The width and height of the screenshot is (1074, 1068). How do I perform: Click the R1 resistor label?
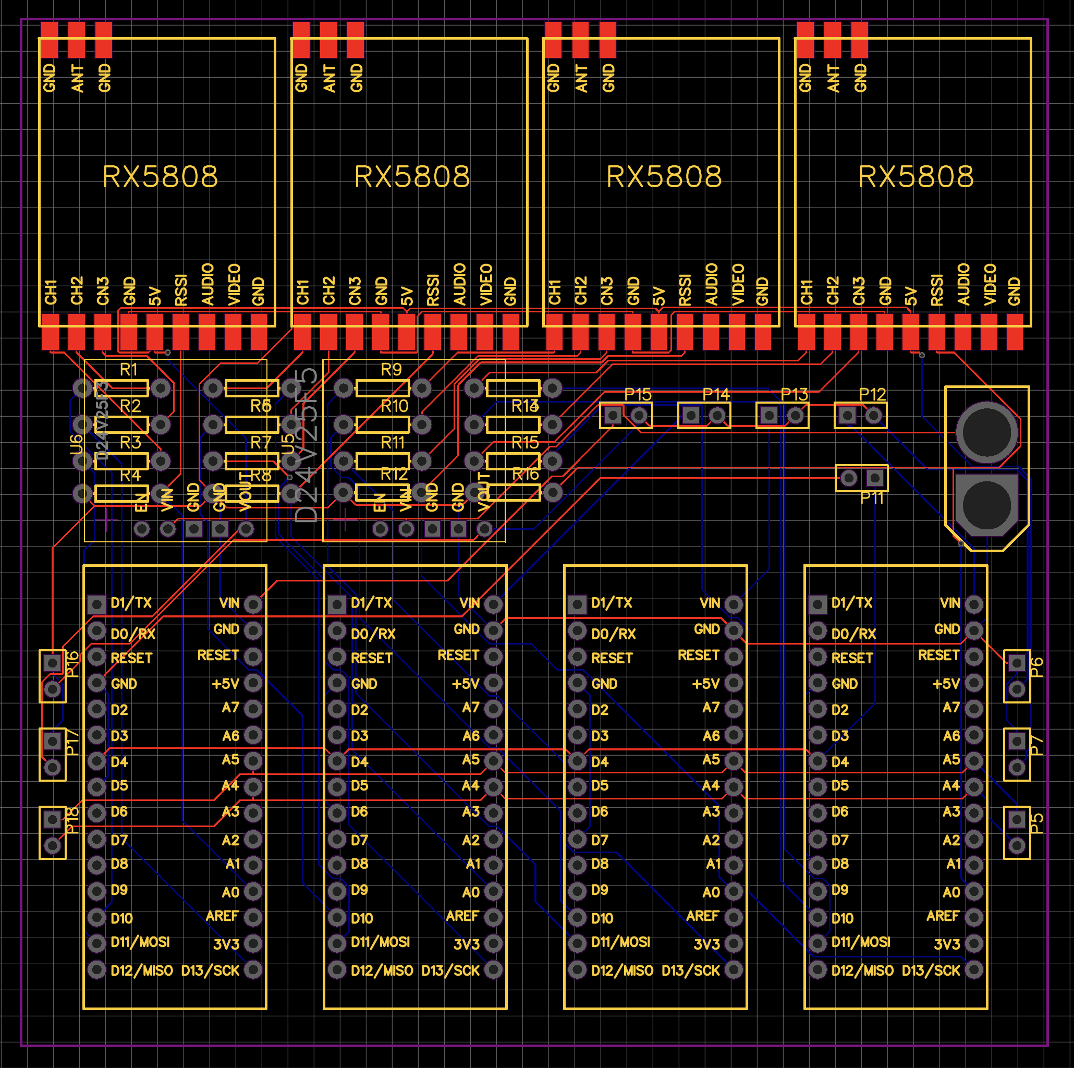[128, 369]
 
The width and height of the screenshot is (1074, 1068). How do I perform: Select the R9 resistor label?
[391, 369]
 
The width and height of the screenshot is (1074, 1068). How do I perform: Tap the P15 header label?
[637, 394]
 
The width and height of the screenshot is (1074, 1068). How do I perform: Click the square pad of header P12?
[847, 415]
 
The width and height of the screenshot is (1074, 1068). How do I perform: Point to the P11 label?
[871, 498]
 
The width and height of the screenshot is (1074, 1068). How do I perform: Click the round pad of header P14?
[717, 415]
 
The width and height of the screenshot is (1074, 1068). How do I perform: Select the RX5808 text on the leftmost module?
[160, 177]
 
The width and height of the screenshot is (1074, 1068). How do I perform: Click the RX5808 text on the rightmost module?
[916, 177]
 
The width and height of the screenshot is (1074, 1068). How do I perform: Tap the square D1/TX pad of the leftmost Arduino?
[97, 604]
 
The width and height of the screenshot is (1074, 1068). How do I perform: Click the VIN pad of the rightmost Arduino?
[974, 604]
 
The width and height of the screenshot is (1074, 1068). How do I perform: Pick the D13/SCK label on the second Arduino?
[450, 970]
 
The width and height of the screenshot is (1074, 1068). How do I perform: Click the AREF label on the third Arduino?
[703, 916]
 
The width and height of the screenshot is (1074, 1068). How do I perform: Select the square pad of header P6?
[1017, 662]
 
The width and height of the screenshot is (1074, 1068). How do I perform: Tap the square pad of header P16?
[53, 662]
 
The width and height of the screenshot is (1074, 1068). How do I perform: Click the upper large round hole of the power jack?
[987, 432]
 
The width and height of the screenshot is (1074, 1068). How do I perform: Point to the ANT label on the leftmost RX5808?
[77, 78]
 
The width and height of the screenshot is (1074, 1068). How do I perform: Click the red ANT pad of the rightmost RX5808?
[832, 40]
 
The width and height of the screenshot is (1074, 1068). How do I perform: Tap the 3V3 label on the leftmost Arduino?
[226, 944]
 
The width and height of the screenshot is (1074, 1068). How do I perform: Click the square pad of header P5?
[1017, 819]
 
